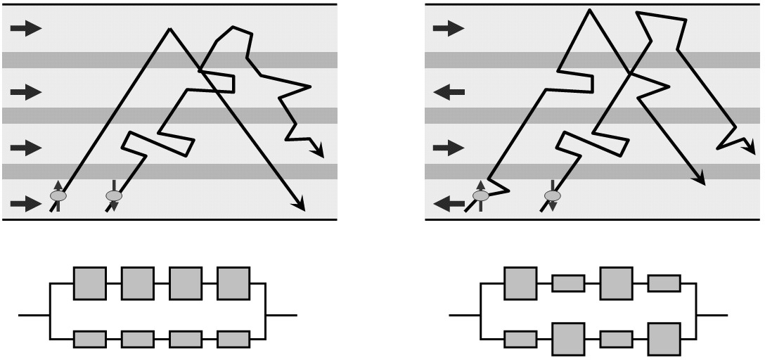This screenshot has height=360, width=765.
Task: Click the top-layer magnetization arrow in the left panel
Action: pyautogui.click(x=27, y=29)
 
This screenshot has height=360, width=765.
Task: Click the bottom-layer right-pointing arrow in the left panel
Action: pyautogui.click(x=27, y=204)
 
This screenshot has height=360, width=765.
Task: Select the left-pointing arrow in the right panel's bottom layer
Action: pyautogui.click(x=449, y=204)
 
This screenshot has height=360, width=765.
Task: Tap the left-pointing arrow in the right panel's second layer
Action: pyautogui.click(x=449, y=91)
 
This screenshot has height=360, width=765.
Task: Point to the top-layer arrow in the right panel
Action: pyautogui.click(x=449, y=29)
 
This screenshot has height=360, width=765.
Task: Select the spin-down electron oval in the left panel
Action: pyautogui.click(x=113, y=195)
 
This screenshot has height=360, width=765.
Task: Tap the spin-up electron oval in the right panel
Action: pyautogui.click(x=481, y=195)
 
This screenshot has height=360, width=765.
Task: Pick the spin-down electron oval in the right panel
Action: pyautogui.click(x=553, y=195)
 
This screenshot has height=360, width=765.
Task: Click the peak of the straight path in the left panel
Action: pyautogui.click(x=169, y=30)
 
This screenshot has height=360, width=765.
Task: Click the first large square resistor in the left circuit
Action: pyautogui.click(x=90, y=283)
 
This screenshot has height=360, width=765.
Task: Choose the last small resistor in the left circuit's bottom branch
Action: pyautogui.click(x=233, y=339)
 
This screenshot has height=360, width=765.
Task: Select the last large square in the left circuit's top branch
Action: pyautogui.click(x=233, y=283)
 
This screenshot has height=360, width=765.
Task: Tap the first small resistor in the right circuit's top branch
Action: pyautogui.click(x=568, y=283)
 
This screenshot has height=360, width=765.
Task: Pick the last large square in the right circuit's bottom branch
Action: pyautogui.click(x=664, y=339)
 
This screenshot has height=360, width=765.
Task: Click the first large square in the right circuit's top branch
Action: pyautogui.click(x=520, y=283)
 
